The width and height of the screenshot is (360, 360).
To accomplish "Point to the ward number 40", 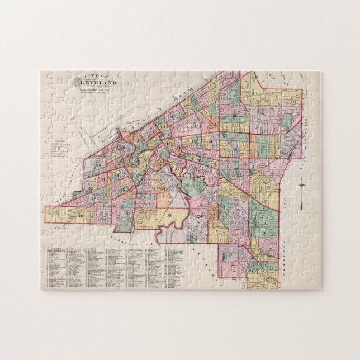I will pyautogui.click(x=81, y=216).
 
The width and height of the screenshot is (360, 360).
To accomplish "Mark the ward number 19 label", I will pyautogui.click(x=278, y=115).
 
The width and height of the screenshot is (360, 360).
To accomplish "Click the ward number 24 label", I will pyautogui.click(x=199, y=215).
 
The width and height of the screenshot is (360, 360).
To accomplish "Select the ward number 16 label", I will pyautogui.click(x=178, y=168).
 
